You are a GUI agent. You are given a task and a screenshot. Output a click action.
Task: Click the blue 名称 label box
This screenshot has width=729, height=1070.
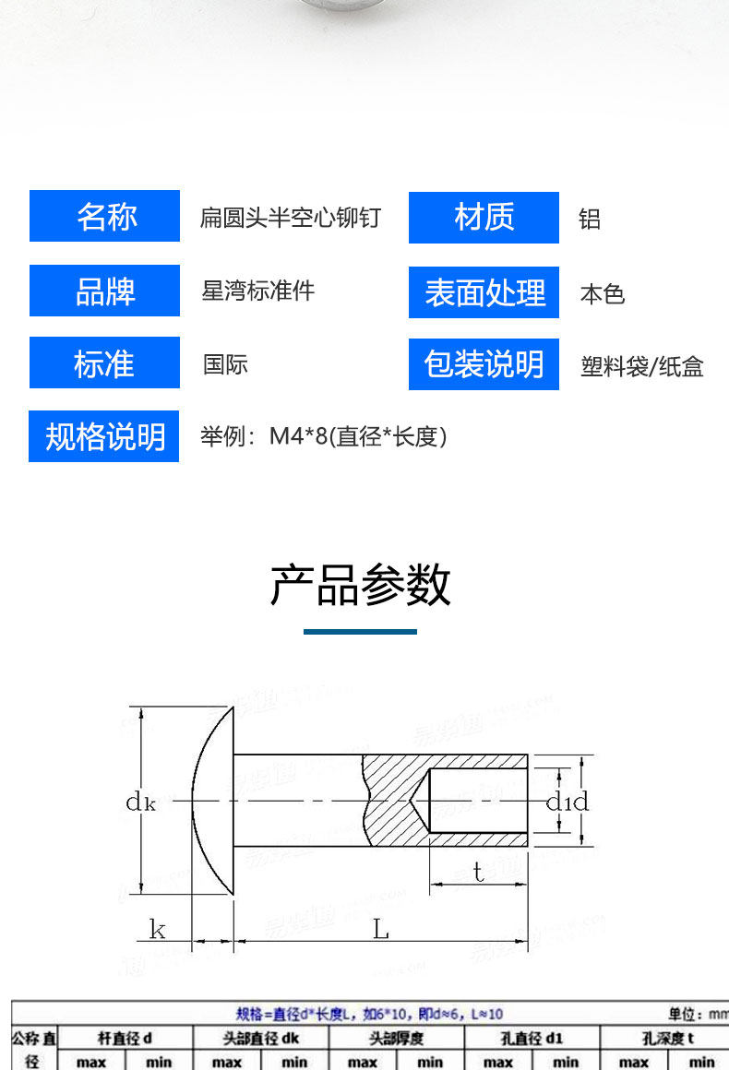point(104,216)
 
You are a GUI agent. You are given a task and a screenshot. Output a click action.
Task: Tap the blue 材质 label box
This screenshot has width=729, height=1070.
point(484,218)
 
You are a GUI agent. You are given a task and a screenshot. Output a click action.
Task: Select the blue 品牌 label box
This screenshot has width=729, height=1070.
point(104,291)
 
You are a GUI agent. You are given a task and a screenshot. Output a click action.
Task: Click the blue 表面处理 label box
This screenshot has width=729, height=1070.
point(484,292)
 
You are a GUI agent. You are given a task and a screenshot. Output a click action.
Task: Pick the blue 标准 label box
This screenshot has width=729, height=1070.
point(104,363)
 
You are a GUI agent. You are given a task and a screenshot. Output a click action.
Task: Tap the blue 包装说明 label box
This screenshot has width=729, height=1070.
point(484,364)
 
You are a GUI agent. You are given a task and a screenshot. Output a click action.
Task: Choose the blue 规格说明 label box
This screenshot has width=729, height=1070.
point(104,436)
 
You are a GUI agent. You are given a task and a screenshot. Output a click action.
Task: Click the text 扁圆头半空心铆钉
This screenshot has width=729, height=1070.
point(291,219)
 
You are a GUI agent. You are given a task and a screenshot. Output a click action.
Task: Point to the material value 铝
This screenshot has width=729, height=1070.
point(590,220)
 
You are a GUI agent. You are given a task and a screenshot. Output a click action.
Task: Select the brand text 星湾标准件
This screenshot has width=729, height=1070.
point(258,291)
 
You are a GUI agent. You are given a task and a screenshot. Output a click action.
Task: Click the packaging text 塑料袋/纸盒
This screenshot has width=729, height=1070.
point(642,367)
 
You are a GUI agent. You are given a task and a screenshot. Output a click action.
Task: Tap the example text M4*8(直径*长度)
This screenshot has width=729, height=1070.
point(324,436)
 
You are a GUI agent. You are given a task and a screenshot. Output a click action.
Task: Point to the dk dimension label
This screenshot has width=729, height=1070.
point(140,802)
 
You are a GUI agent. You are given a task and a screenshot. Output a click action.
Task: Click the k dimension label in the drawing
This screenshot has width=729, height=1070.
point(158,929)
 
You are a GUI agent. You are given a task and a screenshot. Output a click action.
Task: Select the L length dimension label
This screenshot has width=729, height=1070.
point(381,929)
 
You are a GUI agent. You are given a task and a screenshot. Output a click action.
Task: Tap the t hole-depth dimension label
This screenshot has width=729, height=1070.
point(478,872)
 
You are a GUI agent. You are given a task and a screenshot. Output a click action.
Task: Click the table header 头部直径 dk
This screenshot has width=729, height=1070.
point(260,1039)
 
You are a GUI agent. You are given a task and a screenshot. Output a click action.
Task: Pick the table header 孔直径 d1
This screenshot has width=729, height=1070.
point(532,1039)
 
